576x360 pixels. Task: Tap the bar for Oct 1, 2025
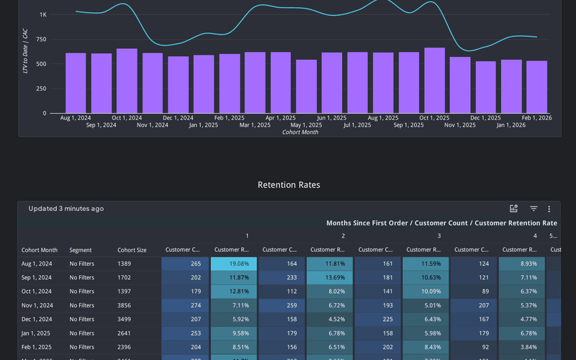coord(434,80)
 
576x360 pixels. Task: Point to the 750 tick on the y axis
coord(41,39)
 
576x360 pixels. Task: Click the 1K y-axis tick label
coord(43,14)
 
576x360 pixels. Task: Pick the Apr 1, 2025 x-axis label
coord(280,118)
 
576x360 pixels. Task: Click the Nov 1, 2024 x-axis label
coord(153,125)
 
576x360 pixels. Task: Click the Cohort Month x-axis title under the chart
coord(300,132)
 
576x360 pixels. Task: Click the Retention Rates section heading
coord(289,185)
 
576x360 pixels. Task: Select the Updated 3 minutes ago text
coord(66,209)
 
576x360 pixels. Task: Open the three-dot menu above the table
coord(549,209)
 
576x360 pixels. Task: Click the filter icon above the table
coord(534,209)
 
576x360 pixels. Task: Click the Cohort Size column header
coord(132,251)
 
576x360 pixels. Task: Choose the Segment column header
coord(81,251)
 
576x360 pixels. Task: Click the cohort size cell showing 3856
coord(125,306)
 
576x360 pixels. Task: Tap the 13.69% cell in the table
coord(330,278)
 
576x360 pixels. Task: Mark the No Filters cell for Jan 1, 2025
coord(81,333)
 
